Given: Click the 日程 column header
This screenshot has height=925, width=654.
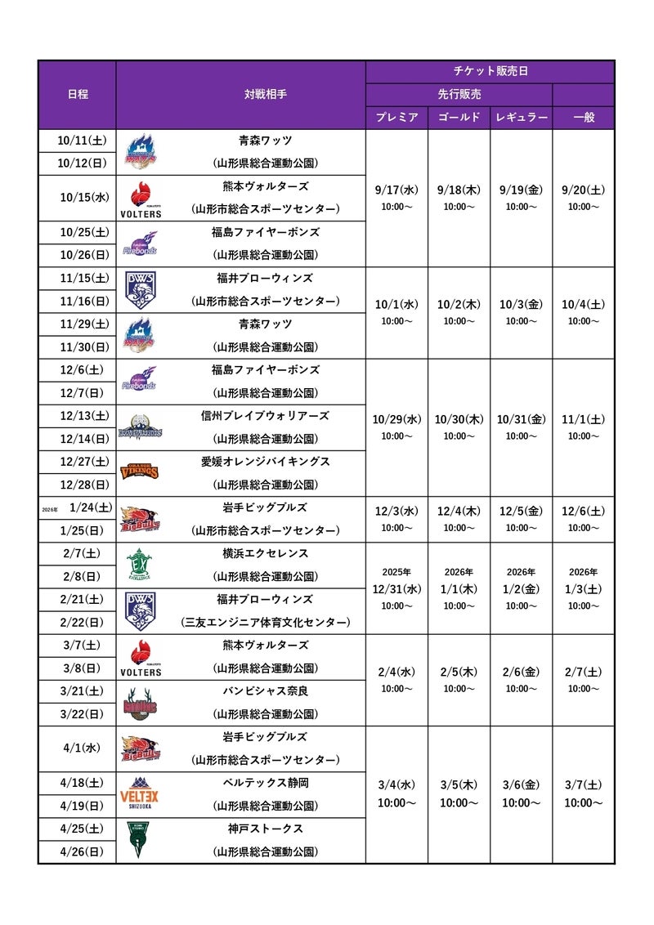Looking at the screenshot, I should pos(78,94).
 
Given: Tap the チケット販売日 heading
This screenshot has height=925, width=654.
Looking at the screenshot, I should pos(490,71).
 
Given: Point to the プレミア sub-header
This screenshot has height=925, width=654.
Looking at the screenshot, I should pos(396,118).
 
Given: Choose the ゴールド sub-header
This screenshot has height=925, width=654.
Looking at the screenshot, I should pos(459,118).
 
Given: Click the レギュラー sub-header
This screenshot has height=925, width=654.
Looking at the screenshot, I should pos(521,118).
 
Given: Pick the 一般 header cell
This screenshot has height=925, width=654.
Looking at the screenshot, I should pos(584,118).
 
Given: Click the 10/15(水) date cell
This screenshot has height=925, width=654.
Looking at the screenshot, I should pos(83,197).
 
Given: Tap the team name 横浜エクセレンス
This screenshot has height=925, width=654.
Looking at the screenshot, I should pos(266,553).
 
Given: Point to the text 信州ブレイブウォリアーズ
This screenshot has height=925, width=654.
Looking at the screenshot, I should pos(266,416).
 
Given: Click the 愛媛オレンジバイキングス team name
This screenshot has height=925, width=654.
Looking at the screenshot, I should pos(266,462).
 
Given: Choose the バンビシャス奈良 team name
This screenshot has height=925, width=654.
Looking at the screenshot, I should pos(266,691).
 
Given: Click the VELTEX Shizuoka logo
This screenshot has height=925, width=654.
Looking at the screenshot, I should pos(140,793).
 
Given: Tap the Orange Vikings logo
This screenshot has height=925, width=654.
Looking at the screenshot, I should pos(140,471).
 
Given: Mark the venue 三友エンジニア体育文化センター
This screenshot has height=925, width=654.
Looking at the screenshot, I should pos(266,623).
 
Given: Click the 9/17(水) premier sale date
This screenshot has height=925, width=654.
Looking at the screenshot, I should pos(396,190).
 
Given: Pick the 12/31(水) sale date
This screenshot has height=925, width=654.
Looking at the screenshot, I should pos(396,588).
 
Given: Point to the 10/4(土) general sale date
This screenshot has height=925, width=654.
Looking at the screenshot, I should pos(584,305).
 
